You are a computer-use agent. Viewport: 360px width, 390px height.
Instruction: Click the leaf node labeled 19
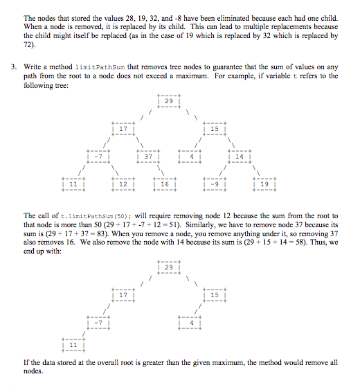tap(263, 185)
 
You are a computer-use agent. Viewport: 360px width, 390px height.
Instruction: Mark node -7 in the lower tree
tap(98, 323)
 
